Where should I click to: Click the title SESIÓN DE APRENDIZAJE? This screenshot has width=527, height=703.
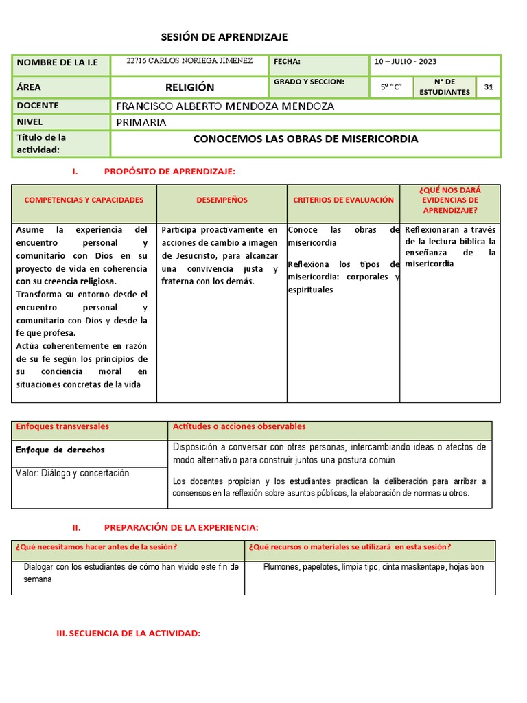pyautogui.click(x=224, y=37)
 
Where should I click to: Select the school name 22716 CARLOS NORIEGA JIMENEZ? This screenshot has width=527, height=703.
pyautogui.click(x=190, y=61)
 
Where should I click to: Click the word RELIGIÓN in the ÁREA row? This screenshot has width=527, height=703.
pyautogui.click(x=189, y=87)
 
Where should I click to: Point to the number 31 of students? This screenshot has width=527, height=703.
pyautogui.click(x=489, y=87)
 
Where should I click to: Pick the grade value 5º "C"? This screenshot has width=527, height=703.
pyautogui.click(x=391, y=88)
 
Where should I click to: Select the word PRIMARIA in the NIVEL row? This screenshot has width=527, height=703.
pyautogui.click(x=141, y=122)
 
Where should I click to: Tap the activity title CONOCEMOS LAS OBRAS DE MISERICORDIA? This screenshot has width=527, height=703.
pyautogui.click(x=305, y=139)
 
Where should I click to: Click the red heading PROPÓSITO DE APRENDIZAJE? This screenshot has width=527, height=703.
pyautogui.click(x=169, y=171)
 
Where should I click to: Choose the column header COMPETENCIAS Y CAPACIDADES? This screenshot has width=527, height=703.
pyautogui.click(x=84, y=200)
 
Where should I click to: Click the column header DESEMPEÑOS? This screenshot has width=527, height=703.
pyautogui.click(x=222, y=200)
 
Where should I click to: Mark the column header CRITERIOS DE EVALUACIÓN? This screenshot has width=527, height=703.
pyautogui.click(x=343, y=200)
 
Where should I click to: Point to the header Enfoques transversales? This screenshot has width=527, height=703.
pyautogui.click(x=62, y=426)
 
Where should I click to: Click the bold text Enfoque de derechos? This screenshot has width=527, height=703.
pyautogui.click(x=60, y=450)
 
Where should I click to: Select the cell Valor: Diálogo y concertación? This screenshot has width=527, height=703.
pyautogui.click(x=72, y=473)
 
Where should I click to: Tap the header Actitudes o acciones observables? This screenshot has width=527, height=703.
pyautogui.click(x=239, y=426)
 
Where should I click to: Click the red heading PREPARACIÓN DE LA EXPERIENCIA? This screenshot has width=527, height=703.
pyautogui.click(x=181, y=527)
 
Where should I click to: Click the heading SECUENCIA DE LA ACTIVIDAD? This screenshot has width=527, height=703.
pyautogui.click(x=128, y=634)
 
